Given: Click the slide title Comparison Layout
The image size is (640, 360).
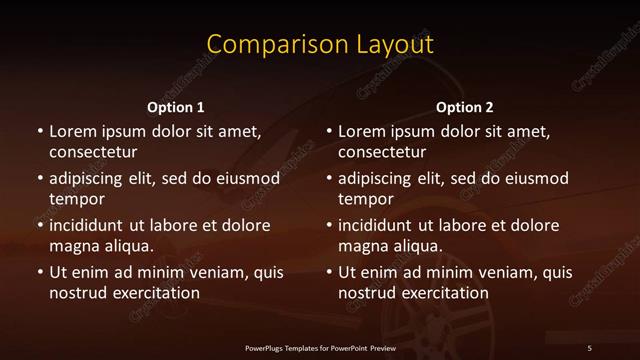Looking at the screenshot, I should (320, 45).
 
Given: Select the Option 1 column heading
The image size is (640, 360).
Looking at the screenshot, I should (176, 107).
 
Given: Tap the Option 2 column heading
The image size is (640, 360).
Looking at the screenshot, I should (465, 107).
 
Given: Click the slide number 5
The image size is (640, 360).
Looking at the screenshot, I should (589, 347).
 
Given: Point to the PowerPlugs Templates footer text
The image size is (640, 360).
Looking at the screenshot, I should (320, 347).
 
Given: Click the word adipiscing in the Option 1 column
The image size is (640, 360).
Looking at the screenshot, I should (90, 179).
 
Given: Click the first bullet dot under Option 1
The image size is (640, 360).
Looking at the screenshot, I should (39, 132).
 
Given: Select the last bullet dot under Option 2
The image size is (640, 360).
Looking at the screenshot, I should (329, 272).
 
